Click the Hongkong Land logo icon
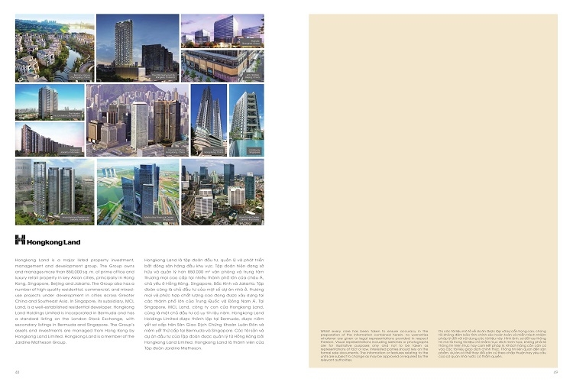[x=21, y=239]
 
